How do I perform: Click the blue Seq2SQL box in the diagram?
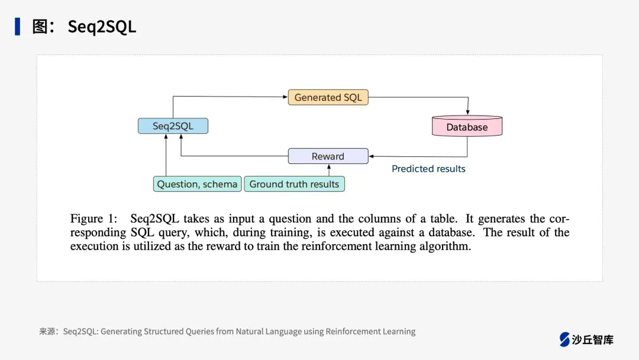pos(173,126)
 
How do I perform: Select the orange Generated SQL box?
pos(328,98)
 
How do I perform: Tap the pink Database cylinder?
pos(467,127)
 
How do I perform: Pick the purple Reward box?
pos(328,156)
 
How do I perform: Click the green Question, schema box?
pos(197,184)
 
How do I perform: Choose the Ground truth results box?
pos(294,184)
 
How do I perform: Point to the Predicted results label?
pos(428,169)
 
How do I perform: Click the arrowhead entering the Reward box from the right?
pos(371,156)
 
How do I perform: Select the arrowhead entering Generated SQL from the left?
pos(285,97)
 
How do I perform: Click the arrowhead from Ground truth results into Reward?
pos(328,167)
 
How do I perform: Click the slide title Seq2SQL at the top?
pos(102,27)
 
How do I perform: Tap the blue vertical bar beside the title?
pos(18,27)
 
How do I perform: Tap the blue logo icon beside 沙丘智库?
pos(564,339)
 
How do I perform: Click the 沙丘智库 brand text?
pos(593,339)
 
